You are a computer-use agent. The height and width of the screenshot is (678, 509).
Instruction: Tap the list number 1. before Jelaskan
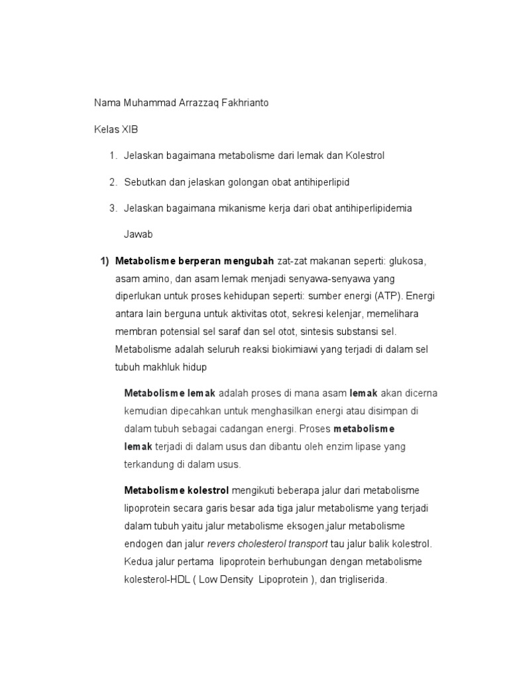113,156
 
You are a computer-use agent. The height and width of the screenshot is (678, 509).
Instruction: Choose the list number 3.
113,208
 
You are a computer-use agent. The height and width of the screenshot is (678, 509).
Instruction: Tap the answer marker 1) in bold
104,261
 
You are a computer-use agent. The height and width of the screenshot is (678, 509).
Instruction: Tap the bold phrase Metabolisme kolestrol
176,490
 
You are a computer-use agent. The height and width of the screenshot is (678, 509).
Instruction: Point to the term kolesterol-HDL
148,579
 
